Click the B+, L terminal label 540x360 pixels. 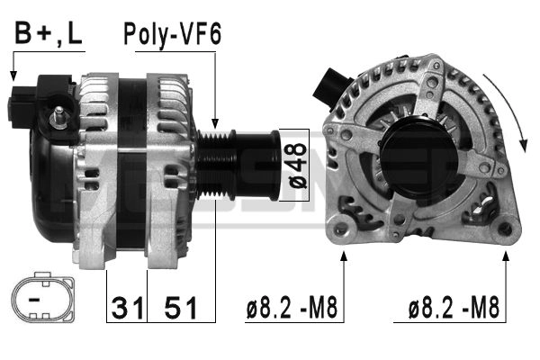coord(49,34)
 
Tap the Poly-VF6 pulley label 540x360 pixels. coord(172,34)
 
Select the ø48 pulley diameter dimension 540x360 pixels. coord(298,166)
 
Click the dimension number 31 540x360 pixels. coord(127,308)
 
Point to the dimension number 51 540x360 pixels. coord(181,308)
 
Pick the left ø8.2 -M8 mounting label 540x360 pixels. coord(292,308)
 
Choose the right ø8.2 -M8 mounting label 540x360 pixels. coord(454,308)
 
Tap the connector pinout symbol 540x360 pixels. coord(42,297)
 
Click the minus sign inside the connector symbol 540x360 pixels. coord(34,300)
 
